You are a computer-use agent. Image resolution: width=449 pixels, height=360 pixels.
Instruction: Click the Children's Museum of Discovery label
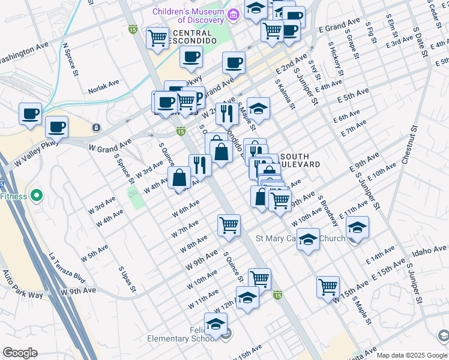coord(188,16)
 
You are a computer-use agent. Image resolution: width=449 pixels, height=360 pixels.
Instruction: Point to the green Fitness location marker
coord(37,195)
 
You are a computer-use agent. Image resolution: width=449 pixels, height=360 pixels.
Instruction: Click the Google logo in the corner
coord(20,353)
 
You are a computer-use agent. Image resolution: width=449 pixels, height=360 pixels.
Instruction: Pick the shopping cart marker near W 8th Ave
coord(229,226)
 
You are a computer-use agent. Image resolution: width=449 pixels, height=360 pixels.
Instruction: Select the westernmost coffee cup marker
coord(30,113)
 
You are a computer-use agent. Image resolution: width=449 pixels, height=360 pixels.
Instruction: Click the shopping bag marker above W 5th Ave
coord(179,178)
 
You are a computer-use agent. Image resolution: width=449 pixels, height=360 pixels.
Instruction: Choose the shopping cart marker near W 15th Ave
coord(328,286)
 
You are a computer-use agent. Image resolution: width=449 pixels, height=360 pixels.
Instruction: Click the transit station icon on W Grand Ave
coord(96,128)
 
